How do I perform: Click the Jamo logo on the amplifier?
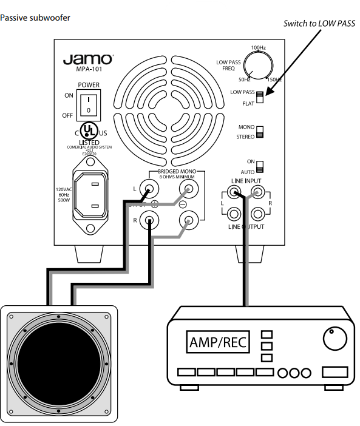[87, 59]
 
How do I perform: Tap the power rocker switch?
[89, 104]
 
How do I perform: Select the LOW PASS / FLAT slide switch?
[260, 97]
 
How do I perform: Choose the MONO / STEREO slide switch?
[260, 132]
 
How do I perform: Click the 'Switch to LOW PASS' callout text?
[319, 24]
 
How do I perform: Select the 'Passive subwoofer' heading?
[35, 18]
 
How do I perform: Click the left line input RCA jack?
[234, 194]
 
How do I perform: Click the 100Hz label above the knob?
[259, 47]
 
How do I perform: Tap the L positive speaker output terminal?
[147, 191]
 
